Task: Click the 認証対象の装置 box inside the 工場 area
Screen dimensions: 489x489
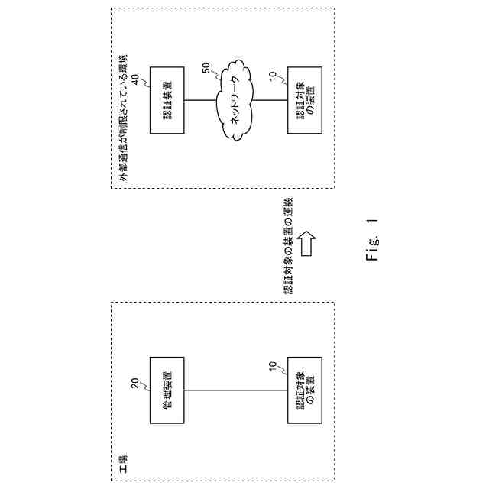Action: point(304,390)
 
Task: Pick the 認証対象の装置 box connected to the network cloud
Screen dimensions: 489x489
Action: point(304,99)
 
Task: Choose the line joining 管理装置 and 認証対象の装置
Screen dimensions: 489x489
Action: point(233,390)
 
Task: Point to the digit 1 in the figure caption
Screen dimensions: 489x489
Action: point(372,222)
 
